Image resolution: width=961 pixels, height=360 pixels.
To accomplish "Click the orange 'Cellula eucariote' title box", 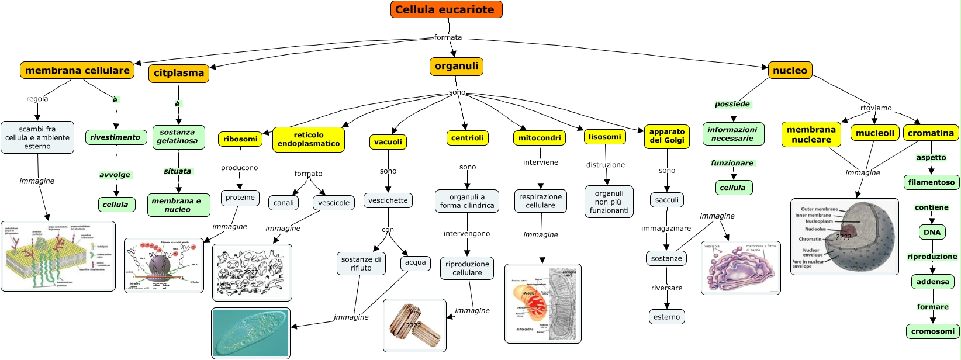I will [446, 9].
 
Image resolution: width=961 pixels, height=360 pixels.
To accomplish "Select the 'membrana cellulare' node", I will [77, 70].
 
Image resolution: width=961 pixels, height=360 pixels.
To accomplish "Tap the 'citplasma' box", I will [179, 73].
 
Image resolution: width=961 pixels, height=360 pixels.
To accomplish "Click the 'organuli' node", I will [456, 66].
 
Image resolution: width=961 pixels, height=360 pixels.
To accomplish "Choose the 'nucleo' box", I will [790, 70].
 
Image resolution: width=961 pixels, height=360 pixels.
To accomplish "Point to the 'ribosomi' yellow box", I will [240, 139].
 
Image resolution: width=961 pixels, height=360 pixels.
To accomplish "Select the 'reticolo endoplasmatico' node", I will [309, 139].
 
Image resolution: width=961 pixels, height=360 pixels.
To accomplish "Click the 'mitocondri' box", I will [540, 138].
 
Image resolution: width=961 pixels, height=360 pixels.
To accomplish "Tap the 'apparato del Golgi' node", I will [666, 136].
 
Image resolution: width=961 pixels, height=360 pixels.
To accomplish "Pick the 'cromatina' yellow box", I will [931, 133].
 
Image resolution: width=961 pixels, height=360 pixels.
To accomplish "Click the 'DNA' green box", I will [932, 232].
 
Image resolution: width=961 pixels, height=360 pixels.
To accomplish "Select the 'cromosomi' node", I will [932, 331].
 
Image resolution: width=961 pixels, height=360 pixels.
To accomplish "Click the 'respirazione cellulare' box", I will [540, 201].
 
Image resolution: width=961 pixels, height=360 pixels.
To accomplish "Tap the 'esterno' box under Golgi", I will [666, 317].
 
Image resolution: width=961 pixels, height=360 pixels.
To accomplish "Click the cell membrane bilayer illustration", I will [58, 256].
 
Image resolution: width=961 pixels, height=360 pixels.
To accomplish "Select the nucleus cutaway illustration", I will [844, 236].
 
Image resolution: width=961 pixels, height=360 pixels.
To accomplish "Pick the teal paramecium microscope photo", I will [251, 333].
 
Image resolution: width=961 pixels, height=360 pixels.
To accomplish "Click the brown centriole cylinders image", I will [414, 326].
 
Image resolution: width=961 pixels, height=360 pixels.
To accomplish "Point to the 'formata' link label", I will [448, 37].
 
